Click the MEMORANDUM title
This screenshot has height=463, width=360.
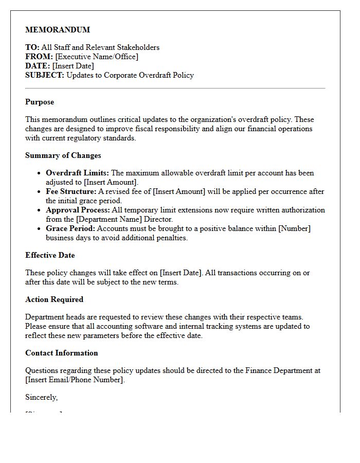[x=58, y=30]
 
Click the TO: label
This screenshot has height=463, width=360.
[x=32, y=47]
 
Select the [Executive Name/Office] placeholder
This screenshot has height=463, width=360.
[x=97, y=57]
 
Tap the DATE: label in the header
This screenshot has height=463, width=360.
[x=38, y=66]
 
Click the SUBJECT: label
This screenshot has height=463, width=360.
[x=45, y=75]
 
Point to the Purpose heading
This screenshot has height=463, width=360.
[x=40, y=102]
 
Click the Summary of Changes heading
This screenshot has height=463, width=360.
[x=63, y=155]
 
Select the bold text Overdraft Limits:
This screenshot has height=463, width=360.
[x=77, y=173]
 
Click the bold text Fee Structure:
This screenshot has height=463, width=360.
[x=71, y=191]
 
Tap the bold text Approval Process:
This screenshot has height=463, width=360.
[x=78, y=210]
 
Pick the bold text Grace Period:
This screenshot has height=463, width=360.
[x=70, y=228]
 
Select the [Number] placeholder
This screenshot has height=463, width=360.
[x=294, y=228]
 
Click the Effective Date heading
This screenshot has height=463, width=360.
[x=50, y=255]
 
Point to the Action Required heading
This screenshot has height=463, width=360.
[x=54, y=299]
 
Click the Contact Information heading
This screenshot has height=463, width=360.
[x=61, y=353]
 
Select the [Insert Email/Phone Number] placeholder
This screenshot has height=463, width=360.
[x=75, y=380]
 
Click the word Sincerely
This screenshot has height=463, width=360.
[x=41, y=397]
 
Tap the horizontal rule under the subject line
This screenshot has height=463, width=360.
[x=175, y=88]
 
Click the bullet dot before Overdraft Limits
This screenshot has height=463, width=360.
[x=39, y=173]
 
